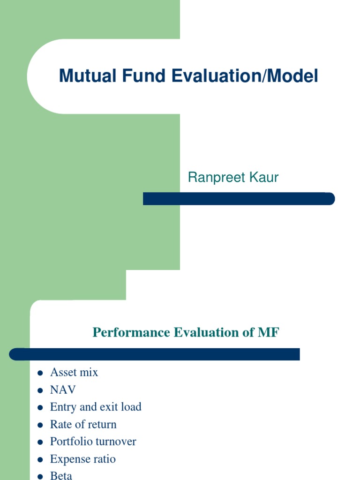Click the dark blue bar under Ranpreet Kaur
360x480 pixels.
click(x=239, y=199)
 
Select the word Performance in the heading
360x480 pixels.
click(x=132, y=332)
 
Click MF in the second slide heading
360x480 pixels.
click(x=268, y=332)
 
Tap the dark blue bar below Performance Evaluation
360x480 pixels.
click(x=154, y=354)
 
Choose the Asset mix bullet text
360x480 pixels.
click(x=74, y=373)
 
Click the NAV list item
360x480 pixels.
click(x=63, y=390)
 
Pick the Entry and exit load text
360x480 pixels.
click(x=96, y=407)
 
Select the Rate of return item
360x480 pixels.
click(x=83, y=424)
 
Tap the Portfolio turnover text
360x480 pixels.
click(x=93, y=442)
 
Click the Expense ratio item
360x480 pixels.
click(x=83, y=459)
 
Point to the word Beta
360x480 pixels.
click(x=61, y=475)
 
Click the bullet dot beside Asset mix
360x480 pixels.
click(x=40, y=373)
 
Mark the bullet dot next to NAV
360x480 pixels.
click(x=40, y=390)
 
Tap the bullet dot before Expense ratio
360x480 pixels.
click(x=40, y=459)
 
